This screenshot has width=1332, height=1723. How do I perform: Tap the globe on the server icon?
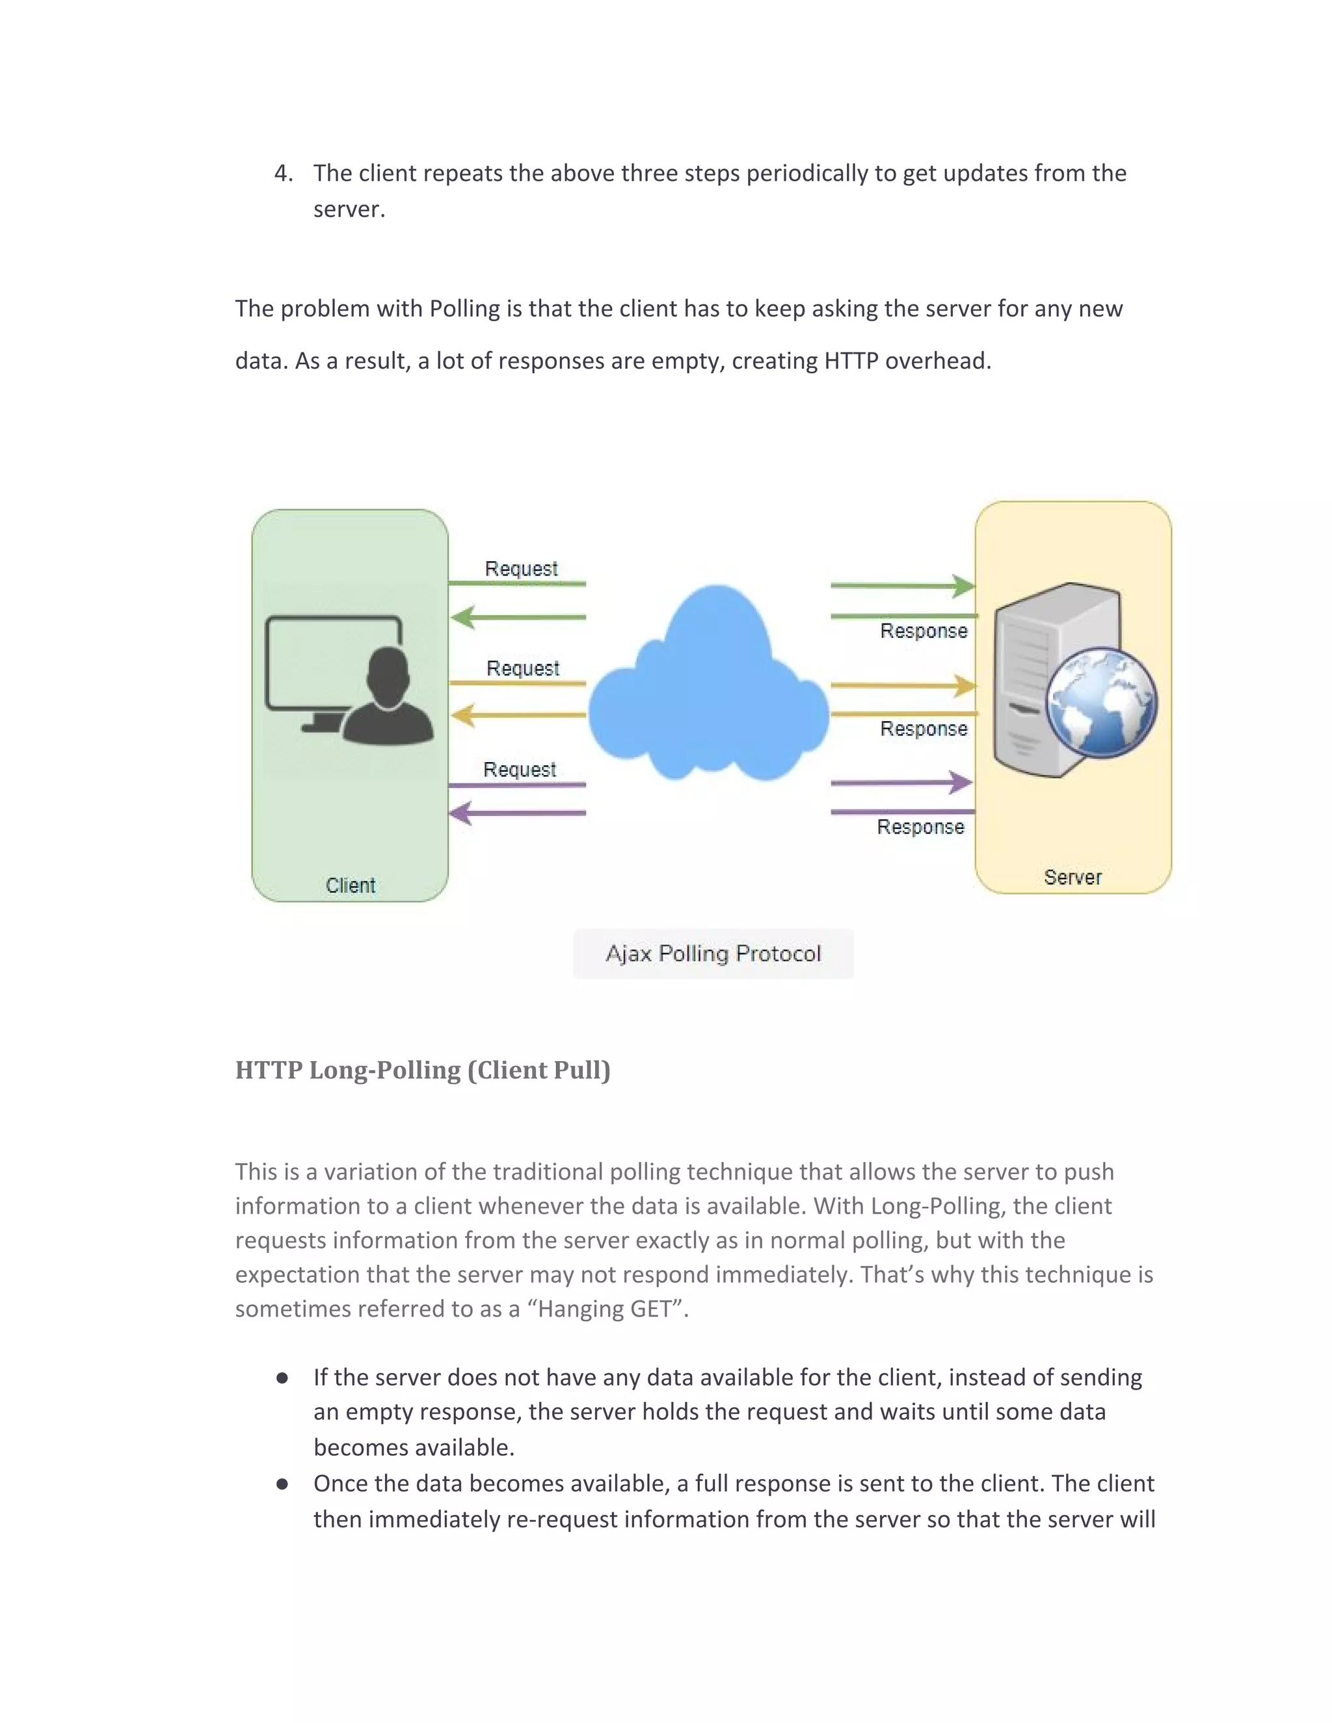point(1101,702)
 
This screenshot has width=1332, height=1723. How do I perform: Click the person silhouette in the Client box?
point(388,698)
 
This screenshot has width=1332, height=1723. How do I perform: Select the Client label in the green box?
point(351,885)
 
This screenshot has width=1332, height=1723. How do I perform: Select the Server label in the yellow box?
point(1072,877)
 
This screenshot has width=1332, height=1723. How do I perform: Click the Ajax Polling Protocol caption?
point(713,954)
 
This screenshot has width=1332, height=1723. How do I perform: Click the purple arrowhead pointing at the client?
point(461,813)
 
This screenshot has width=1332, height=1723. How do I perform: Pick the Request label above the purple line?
point(519,769)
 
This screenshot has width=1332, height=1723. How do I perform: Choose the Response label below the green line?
point(924,631)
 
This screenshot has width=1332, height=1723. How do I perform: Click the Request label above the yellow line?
point(522,668)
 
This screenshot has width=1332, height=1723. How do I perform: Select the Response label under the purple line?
point(920,827)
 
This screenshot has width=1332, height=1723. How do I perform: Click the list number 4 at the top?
point(282,174)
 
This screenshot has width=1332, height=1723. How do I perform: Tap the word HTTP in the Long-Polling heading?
point(269,1071)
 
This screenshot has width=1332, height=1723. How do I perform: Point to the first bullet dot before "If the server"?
point(282,1378)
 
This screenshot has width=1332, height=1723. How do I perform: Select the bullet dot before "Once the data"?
point(282,1484)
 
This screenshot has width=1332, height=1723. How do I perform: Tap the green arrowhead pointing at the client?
point(462,617)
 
